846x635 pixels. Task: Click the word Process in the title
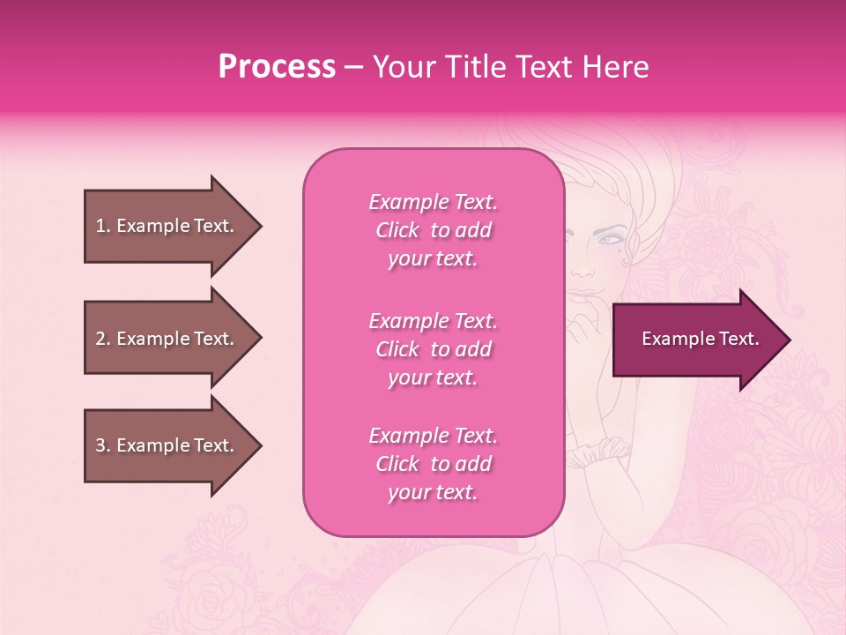277,67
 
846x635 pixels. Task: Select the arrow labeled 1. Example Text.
167,226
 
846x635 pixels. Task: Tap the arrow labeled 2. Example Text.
167,339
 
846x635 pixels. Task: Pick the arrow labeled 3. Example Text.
167,445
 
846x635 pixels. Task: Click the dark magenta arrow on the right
696,340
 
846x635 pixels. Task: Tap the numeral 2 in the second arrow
100,339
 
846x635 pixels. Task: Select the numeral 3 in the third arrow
100,445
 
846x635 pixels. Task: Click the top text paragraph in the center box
433,230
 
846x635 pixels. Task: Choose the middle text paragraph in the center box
433,349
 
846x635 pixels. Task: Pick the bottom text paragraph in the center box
433,464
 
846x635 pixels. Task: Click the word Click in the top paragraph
397,230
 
